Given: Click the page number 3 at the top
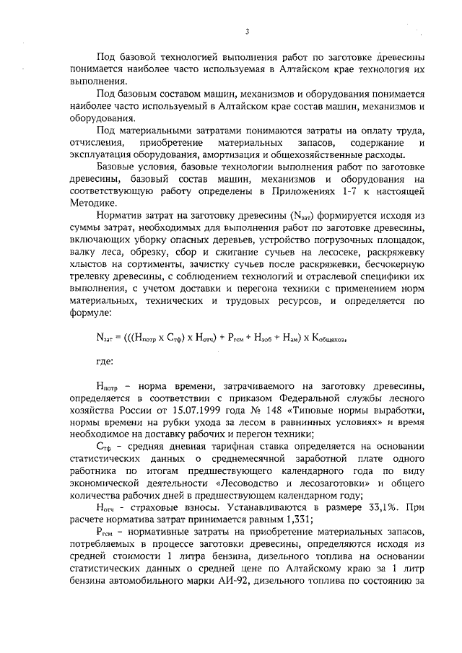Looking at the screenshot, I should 246,32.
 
